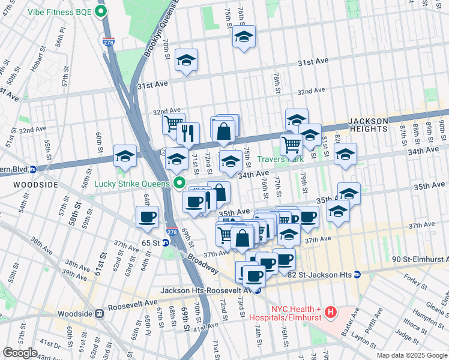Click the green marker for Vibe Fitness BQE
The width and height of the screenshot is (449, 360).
pos(101,11)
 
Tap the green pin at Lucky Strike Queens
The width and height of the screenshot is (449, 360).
pos(178,182)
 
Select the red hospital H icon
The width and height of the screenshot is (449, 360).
pos(330,311)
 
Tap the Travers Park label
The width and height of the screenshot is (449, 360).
pos(280,160)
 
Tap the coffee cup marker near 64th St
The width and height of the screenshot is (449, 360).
pos(147,217)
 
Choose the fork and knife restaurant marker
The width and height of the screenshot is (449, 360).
pos(188,133)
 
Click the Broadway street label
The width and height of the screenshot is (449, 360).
pos(202,261)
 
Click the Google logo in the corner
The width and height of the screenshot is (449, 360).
pos(20,353)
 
